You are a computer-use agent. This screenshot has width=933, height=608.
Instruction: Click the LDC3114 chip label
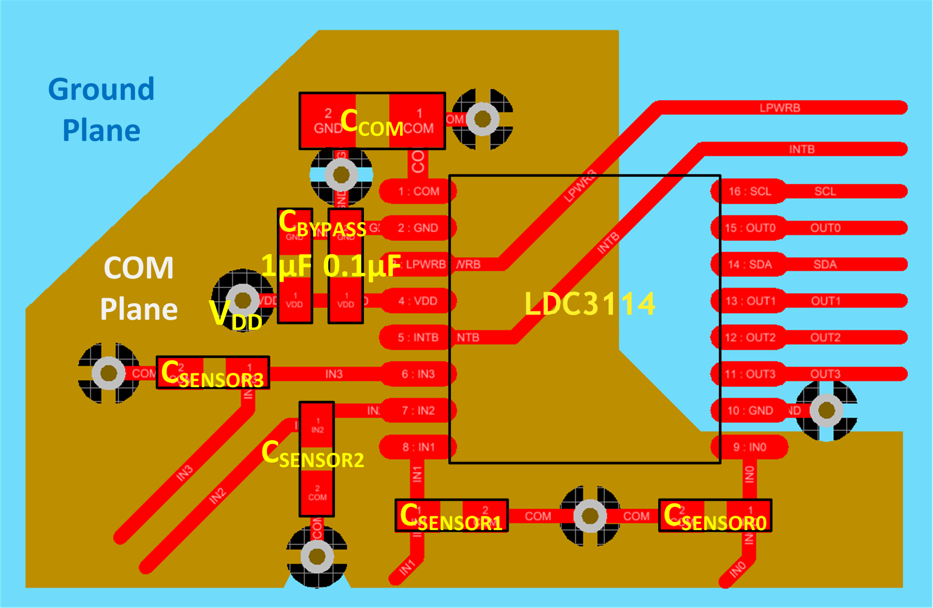click(x=590, y=303)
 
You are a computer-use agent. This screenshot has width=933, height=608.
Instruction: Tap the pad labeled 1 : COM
click(x=418, y=191)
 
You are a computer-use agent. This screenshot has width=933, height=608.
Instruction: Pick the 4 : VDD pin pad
click(x=418, y=301)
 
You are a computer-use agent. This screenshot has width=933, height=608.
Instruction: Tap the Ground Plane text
click(x=102, y=109)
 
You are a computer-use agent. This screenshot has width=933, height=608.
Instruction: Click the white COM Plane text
click(x=139, y=289)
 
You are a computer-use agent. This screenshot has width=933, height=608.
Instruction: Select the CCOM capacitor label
click(x=372, y=123)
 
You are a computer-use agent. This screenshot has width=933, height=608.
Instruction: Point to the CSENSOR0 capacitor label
click(x=715, y=517)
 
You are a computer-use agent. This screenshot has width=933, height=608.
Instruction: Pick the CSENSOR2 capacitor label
click(x=312, y=455)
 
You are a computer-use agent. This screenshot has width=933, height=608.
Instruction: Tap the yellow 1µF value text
click(x=287, y=266)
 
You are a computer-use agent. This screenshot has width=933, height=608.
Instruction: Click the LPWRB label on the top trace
click(x=779, y=108)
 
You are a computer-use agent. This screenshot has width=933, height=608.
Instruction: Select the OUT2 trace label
click(x=825, y=338)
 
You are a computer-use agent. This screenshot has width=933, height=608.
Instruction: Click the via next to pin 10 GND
click(x=826, y=410)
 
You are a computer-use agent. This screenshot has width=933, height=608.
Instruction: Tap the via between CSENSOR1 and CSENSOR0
click(x=590, y=516)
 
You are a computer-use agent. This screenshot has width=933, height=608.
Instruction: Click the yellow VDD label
click(x=236, y=315)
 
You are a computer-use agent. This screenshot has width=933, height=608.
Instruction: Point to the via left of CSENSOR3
click(x=109, y=373)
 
